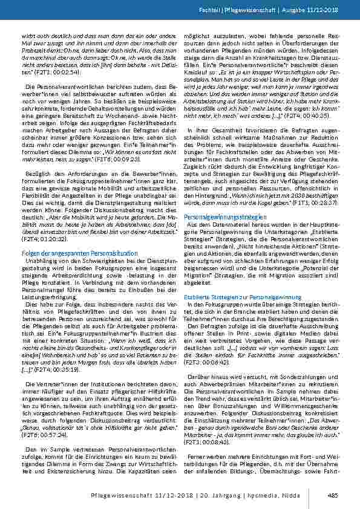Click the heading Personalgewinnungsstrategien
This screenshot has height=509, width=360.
[x=217, y=233]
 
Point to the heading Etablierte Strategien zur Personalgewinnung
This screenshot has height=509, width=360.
[x=234, y=297]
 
